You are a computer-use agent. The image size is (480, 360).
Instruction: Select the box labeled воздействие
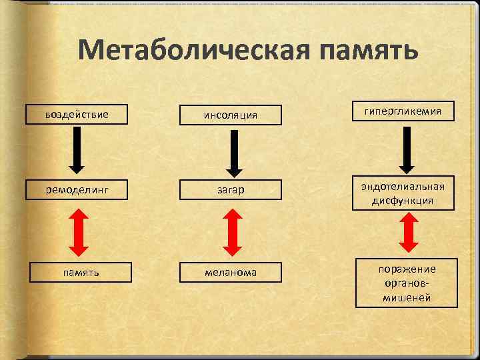coord(77,114)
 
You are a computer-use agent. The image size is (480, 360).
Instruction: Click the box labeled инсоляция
coord(231,115)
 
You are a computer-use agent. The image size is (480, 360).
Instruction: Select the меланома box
coord(231,272)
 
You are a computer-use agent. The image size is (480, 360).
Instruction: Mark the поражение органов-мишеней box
coord(406,283)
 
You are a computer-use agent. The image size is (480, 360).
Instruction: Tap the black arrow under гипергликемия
coord(406,148)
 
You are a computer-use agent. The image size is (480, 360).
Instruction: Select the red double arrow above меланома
coord(231,232)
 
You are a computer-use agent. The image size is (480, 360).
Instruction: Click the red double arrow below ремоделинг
coord(78,231)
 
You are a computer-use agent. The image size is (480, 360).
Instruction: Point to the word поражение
coord(406,269)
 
